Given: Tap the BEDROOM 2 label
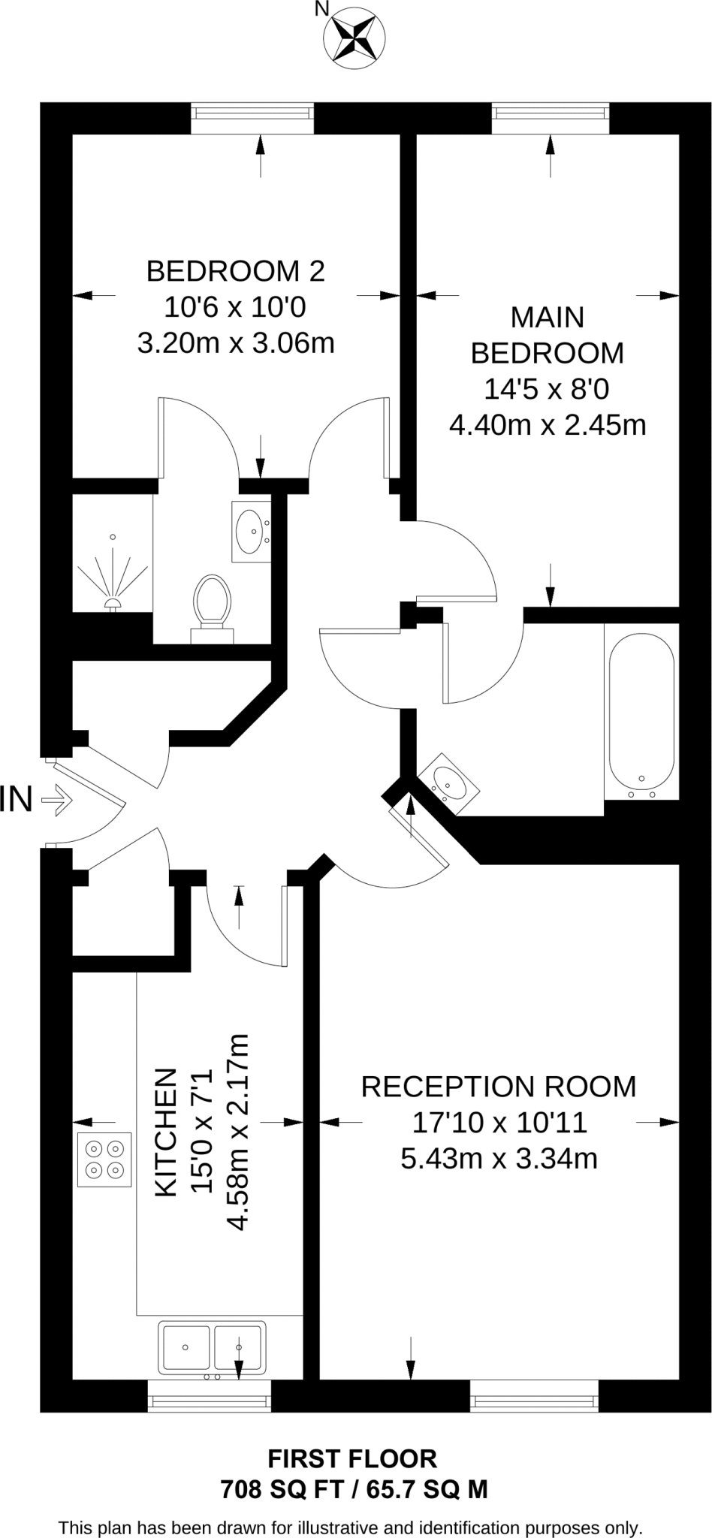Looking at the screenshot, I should (x=235, y=271).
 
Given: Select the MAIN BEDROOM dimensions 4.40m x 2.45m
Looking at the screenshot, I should (x=548, y=426).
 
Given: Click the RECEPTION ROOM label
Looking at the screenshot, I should (x=498, y=1087).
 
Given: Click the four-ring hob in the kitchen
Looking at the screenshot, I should (x=104, y=1160).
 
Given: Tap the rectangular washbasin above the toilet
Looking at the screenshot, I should (x=250, y=531).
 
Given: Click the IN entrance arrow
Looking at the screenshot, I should (x=56, y=801).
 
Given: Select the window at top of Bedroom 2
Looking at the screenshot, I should (x=252, y=113).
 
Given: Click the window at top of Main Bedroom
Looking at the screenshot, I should (x=550, y=113).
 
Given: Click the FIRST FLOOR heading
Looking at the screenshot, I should (x=352, y=1459).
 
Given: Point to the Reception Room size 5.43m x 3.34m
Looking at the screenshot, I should (x=499, y=1159).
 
